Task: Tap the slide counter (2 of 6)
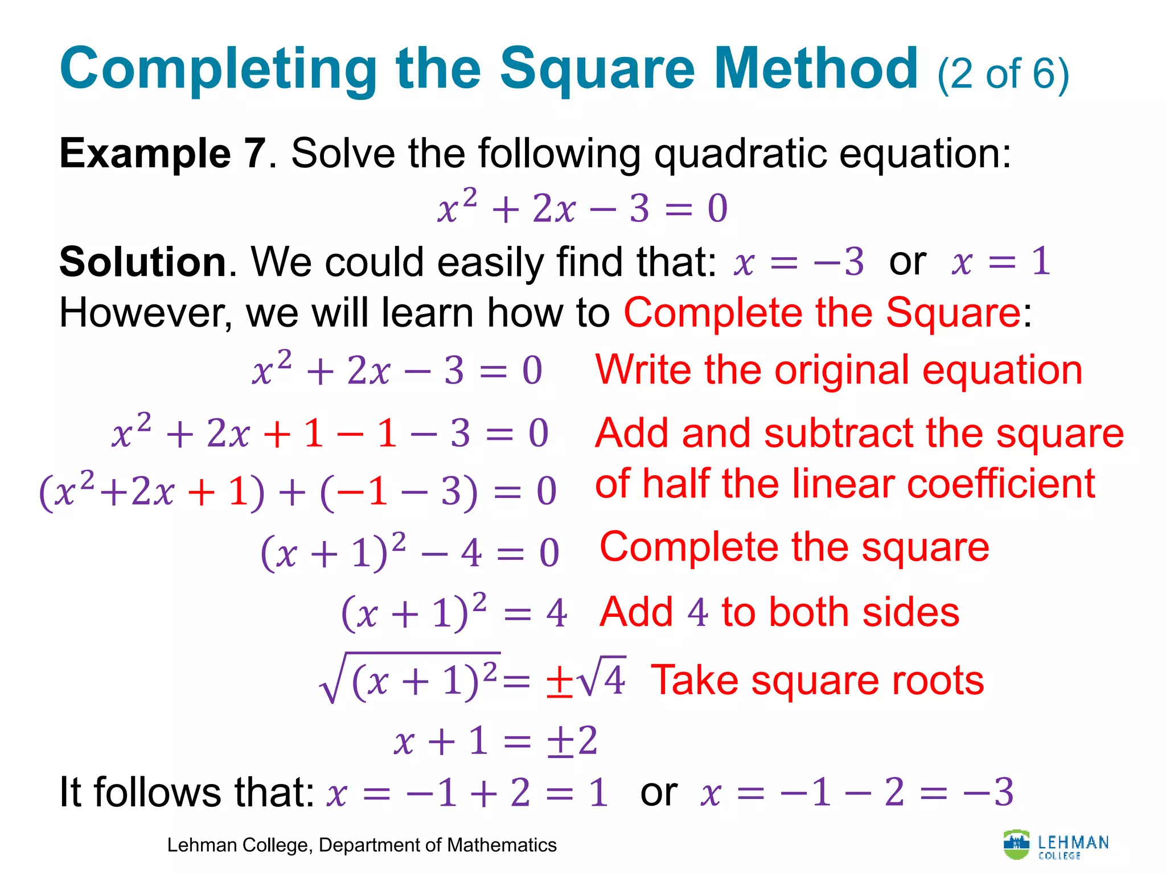(x=1003, y=74)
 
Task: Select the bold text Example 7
(x=163, y=154)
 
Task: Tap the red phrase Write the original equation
(x=838, y=370)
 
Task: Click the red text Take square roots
(x=817, y=681)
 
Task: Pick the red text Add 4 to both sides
(x=779, y=613)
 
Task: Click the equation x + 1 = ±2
(x=495, y=741)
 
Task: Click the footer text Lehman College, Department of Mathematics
(x=362, y=846)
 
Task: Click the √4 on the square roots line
(x=601, y=679)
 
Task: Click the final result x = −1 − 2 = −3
(x=857, y=792)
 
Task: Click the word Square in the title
(x=598, y=69)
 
